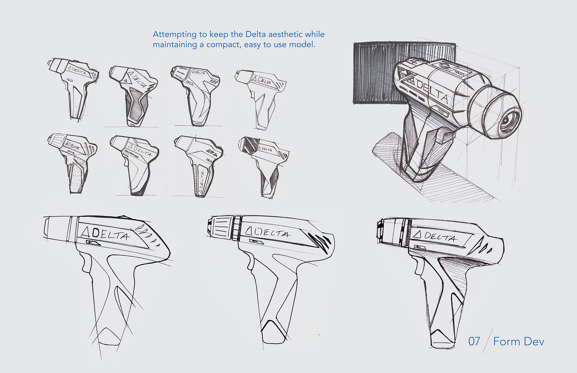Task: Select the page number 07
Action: click(x=474, y=341)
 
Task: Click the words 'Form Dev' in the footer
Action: click(x=518, y=341)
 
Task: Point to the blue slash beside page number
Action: click(x=487, y=341)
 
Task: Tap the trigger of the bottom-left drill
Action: click(x=86, y=264)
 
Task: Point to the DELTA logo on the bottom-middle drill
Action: click(x=267, y=232)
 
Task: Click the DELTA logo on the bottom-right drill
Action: click(x=436, y=236)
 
